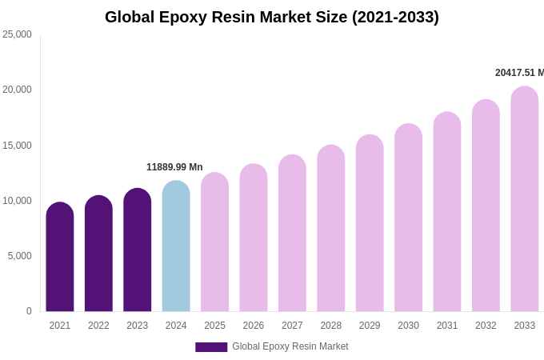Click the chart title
(x=272, y=17)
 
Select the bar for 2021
(x=60, y=258)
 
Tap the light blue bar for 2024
(x=176, y=246)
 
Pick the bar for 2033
(x=525, y=200)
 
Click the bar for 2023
(x=138, y=250)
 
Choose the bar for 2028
(x=331, y=229)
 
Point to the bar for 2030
(x=409, y=218)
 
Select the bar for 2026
(x=254, y=238)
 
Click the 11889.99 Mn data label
(x=174, y=167)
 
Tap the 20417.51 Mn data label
(x=519, y=73)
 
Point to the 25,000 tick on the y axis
(x=17, y=34)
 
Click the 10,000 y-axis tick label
(x=17, y=201)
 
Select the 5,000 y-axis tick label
(x=19, y=256)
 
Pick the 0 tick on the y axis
(x=29, y=311)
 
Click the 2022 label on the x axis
(x=98, y=326)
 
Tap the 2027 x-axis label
(x=292, y=326)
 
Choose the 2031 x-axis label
(x=447, y=326)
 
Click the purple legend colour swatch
(x=211, y=347)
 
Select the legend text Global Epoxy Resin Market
(x=290, y=346)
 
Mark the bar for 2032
(x=486, y=206)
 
